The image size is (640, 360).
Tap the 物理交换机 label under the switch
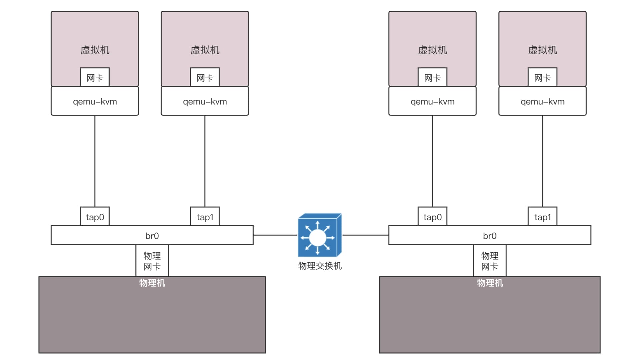pos(320,266)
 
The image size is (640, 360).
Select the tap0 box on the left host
pos(95,217)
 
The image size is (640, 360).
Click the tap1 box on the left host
pos(205,217)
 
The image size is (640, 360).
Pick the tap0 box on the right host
pos(432,217)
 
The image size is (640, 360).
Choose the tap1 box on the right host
pos(542,217)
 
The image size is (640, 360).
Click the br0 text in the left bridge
pos(152,236)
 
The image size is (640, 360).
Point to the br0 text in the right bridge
pos(490,236)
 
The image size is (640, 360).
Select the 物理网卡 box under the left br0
pos(152,261)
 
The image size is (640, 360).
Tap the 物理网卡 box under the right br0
pos(490,261)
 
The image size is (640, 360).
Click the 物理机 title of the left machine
pos(152,283)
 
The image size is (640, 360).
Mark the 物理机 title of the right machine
pos(490,283)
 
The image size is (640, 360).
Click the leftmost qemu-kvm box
pos(95,101)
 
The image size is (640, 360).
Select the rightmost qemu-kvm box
pos(542,101)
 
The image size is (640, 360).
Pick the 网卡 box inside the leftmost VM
pos(95,77)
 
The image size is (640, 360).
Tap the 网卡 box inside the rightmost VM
pos(542,77)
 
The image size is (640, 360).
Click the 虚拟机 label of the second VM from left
pos(205,50)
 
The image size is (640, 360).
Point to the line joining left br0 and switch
pos(275,235)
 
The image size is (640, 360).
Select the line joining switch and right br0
pos(365,235)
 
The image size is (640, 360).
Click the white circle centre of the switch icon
pos(317,238)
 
